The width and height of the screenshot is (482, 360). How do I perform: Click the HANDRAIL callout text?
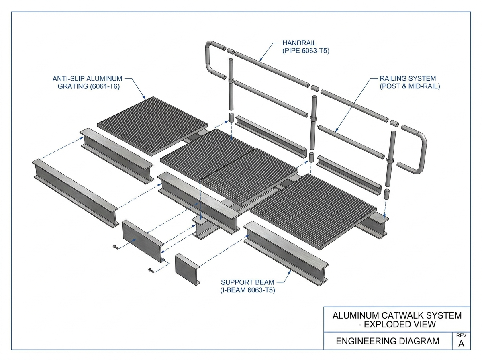click(299, 43)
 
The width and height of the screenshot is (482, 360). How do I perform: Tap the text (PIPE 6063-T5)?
click(306, 51)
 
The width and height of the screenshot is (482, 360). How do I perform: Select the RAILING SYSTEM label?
click(408, 78)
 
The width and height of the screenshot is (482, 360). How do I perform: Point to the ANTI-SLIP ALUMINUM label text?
click(88, 78)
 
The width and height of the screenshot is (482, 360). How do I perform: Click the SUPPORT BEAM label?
click(247, 282)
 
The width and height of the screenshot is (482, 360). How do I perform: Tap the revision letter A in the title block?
click(461, 344)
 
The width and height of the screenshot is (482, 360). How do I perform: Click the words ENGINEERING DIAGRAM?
click(388, 341)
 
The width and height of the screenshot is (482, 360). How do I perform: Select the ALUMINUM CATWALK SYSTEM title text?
click(397, 315)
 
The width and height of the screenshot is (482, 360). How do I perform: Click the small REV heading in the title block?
click(461, 335)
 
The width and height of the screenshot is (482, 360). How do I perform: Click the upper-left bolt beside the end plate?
click(115, 247)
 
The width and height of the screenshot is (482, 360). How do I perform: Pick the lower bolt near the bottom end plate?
click(151, 270)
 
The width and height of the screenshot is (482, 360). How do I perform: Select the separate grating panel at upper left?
click(152, 126)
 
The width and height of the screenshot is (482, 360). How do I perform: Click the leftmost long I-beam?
click(76, 193)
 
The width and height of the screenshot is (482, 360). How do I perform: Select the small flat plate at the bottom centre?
click(187, 269)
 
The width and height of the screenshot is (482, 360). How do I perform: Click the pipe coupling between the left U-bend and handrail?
click(231, 51)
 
